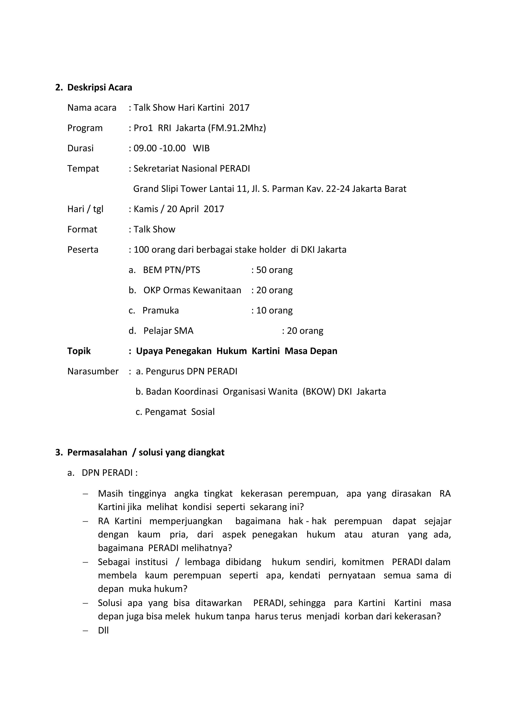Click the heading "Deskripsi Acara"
pyautogui.click(x=100, y=87)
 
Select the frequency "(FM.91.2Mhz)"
pyautogui.click(x=237, y=128)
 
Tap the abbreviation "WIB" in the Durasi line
pyautogui.click(x=201, y=148)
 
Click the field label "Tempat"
pyautogui.click(x=83, y=169)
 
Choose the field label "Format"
pyautogui.click(x=82, y=230)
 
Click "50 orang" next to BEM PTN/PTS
pyautogui.click(x=274, y=270)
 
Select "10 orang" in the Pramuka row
pyautogui.click(x=274, y=310)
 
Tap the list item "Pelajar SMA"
pyautogui.click(x=168, y=331)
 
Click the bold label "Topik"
pyautogui.click(x=79, y=351)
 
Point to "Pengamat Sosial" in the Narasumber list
pyautogui.click(x=180, y=412)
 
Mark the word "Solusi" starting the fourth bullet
pyautogui.click(x=109, y=603)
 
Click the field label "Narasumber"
pyautogui.click(x=93, y=371)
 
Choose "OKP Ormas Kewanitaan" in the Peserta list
pyautogui.click(x=192, y=290)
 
